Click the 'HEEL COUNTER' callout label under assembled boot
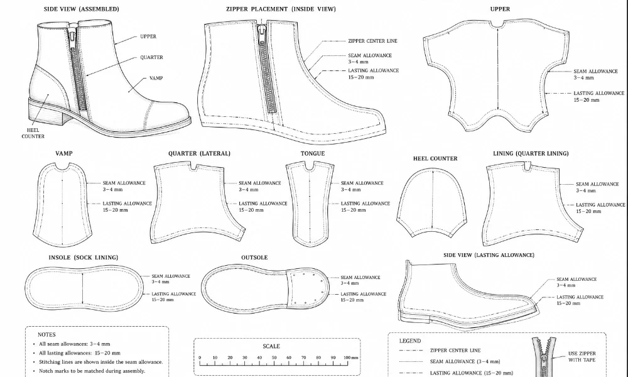(33, 133)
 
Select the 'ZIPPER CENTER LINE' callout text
(372, 41)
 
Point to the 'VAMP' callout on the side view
(156, 78)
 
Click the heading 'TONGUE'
(312, 153)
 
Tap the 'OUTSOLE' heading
(254, 258)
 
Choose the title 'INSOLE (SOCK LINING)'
(84, 258)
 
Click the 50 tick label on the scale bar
(274, 358)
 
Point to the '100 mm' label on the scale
(351, 358)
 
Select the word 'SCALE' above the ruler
(271, 346)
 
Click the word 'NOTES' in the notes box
(46, 334)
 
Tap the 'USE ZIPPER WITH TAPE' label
(582, 356)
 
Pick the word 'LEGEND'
(409, 341)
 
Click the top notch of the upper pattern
(497, 26)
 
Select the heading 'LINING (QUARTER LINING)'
(531, 153)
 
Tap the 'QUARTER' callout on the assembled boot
(151, 57)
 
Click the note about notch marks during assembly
(92, 371)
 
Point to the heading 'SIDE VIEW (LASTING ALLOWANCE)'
(489, 255)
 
